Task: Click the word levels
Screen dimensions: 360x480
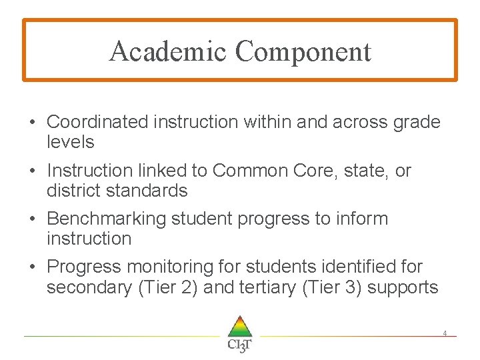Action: (71, 142)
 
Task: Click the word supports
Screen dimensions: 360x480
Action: (408, 289)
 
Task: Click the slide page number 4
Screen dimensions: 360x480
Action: (445, 333)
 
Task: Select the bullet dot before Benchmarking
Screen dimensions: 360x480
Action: (32, 219)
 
